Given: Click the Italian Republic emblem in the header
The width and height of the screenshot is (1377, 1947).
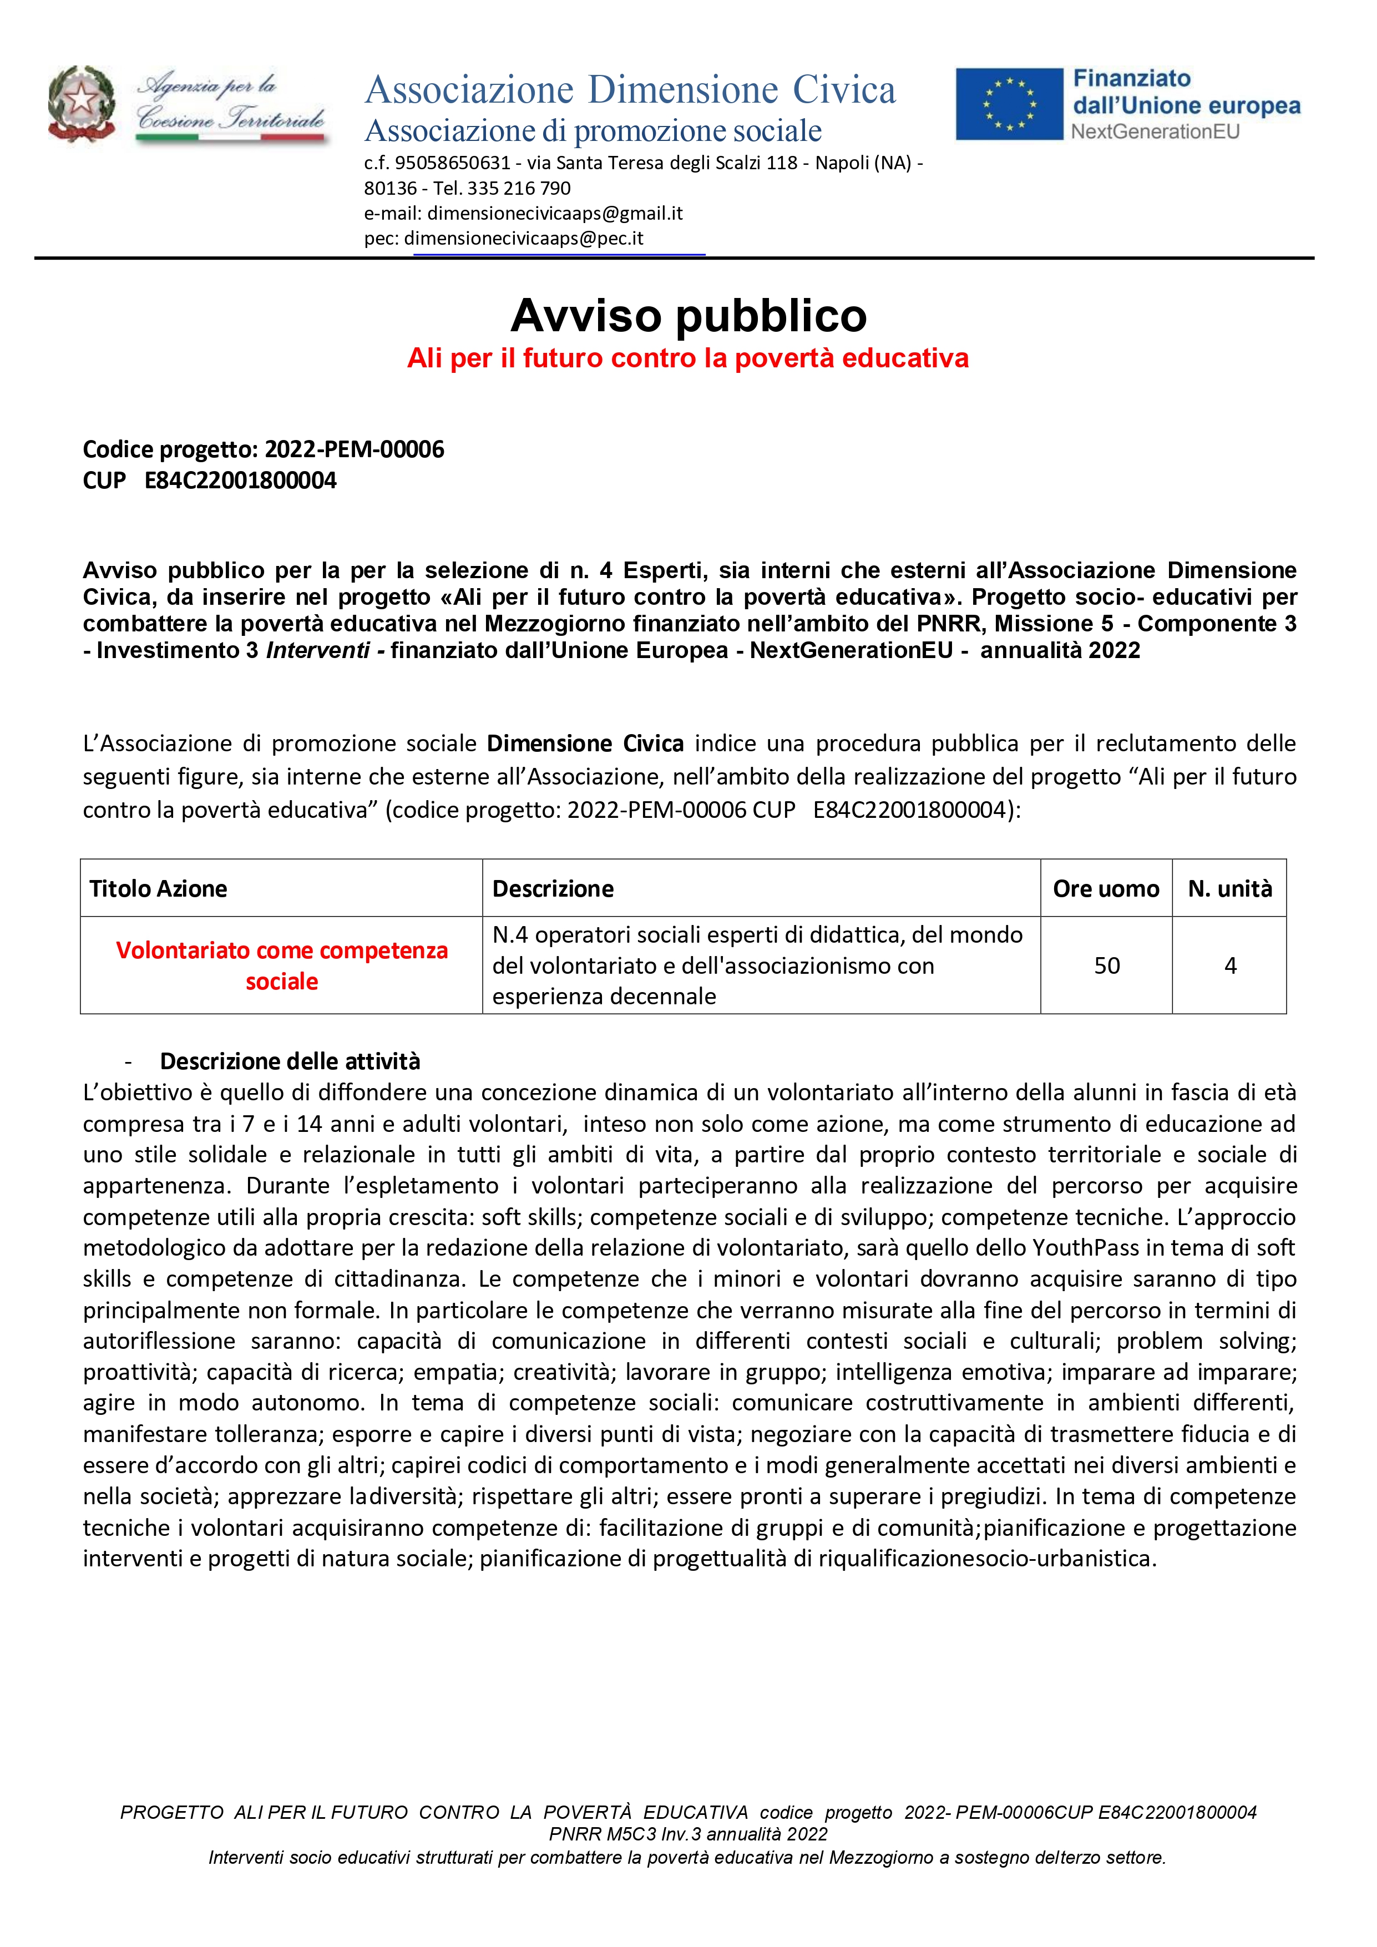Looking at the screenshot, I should click(82, 103).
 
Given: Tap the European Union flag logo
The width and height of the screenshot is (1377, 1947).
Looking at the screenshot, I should click(1009, 104).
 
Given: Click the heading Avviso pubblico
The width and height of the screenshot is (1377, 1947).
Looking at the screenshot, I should click(688, 316).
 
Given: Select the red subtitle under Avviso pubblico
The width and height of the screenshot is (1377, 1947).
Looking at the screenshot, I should click(687, 358).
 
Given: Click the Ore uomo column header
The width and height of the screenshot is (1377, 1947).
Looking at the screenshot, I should click(1106, 889).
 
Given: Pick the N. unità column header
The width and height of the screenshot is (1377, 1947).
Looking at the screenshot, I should click(1229, 889).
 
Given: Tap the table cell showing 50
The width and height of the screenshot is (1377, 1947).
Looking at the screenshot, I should click(1106, 966).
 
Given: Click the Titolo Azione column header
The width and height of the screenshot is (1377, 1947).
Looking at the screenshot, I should click(159, 889).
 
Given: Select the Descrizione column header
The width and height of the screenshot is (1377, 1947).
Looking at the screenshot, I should click(553, 889).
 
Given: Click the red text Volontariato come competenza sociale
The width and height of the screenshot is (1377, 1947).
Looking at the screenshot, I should click(281, 966).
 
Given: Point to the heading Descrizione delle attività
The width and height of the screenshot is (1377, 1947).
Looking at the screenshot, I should click(290, 1061).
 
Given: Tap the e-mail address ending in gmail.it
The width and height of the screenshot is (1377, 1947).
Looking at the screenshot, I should click(555, 213).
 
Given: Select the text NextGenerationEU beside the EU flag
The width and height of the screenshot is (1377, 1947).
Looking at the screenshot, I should click(1155, 132).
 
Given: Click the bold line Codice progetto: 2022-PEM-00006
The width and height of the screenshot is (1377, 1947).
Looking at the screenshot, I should click(264, 449).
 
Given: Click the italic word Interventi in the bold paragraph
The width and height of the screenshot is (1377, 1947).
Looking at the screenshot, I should click(318, 650).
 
